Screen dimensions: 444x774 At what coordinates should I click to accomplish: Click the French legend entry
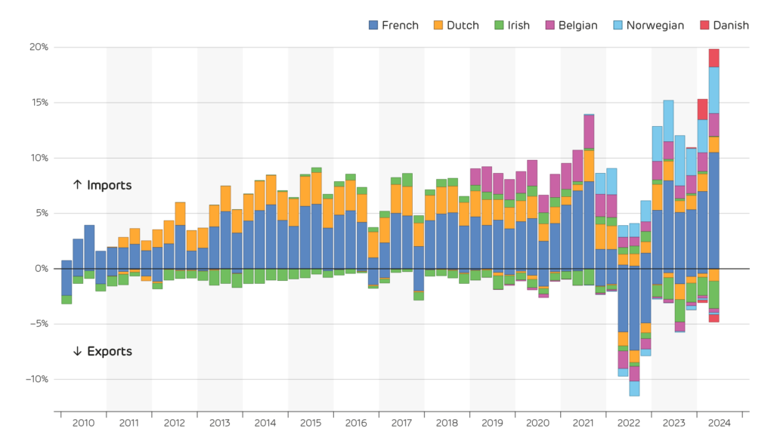point(393,25)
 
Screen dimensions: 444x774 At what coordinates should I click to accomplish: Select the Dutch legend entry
point(456,25)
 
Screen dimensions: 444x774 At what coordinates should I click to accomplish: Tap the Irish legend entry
point(513,25)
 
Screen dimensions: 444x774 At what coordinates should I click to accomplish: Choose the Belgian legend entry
point(571,25)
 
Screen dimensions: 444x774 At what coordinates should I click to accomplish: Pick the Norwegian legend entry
point(647,25)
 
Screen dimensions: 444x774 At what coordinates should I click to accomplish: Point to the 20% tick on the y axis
point(39,47)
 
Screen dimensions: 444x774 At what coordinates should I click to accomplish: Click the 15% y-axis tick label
point(39,103)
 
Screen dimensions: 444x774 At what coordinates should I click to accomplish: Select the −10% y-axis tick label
point(36,379)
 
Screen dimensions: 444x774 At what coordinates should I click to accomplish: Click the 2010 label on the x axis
point(83,424)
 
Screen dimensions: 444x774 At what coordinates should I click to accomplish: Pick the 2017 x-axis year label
point(401,424)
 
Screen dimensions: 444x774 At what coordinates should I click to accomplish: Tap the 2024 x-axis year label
point(719,424)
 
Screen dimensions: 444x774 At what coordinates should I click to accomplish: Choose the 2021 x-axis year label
point(583,424)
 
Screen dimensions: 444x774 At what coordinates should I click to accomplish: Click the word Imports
point(109,185)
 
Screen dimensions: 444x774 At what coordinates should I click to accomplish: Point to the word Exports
point(109,351)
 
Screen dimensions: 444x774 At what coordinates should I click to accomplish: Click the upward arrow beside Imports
point(76,185)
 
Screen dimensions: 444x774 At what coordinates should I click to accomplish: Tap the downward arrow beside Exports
point(76,351)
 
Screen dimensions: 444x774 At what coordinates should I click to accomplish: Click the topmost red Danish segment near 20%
point(714,57)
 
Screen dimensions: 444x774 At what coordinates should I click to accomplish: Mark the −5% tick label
point(38,324)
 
